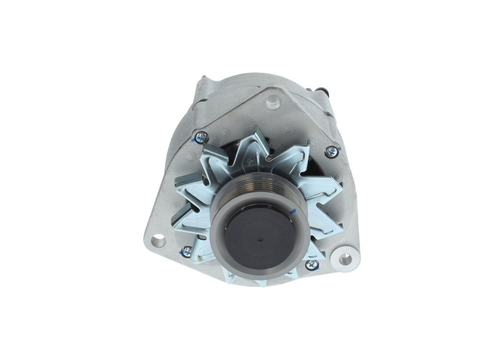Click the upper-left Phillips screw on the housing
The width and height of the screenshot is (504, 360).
[x=201, y=137]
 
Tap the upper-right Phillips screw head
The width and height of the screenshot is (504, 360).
[x=332, y=151]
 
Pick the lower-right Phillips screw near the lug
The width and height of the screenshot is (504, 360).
[x=313, y=265]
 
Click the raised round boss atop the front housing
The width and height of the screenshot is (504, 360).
[x=273, y=102]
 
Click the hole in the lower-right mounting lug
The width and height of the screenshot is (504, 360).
[x=345, y=259]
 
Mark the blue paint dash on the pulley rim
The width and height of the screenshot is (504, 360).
[x=292, y=212]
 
